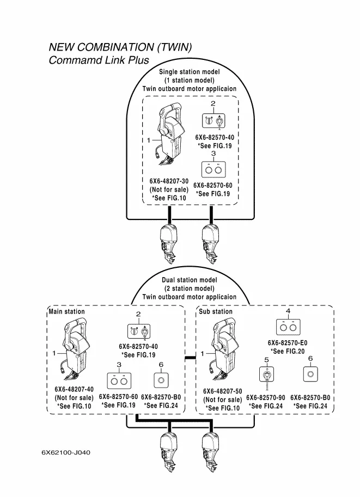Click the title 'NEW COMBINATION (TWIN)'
tap(120, 47)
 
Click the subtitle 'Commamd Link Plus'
tap(99, 60)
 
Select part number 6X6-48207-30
tap(169, 181)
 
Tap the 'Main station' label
tap(66, 312)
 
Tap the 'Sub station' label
tap(216, 312)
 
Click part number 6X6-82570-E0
tap(288, 343)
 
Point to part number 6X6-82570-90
tap(266, 398)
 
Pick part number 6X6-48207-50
tap(222, 391)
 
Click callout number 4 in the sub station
tap(288, 310)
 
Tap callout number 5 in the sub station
tap(266, 360)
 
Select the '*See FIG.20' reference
tap(288, 352)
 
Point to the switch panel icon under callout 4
tap(288, 327)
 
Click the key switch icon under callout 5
tap(266, 376)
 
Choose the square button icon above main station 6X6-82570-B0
tap(161, 378)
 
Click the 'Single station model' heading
tap(189, 72)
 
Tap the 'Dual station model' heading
tap(189, 280)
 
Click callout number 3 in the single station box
tap(213, 154)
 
